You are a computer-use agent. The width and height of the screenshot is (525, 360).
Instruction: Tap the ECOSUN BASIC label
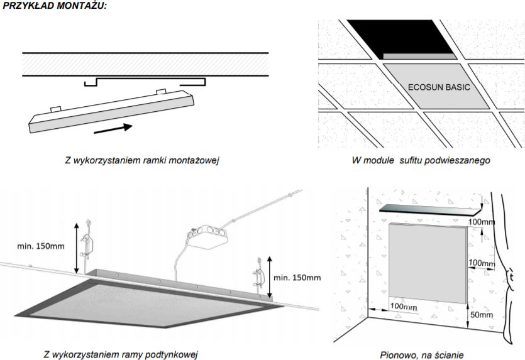tap(438, 87)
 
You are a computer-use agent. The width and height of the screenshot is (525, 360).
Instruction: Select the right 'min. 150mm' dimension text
tap(297, 277)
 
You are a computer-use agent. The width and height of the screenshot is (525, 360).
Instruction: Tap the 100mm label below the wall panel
tap(404, 306)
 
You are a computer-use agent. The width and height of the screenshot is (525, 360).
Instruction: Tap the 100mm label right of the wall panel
tap(482, 262)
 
